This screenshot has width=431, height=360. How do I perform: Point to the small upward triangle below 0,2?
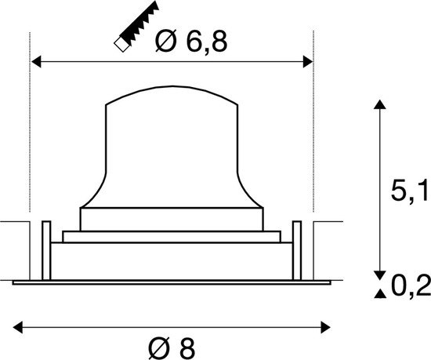(380, 294)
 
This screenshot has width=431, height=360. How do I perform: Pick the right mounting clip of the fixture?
(296, 245)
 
